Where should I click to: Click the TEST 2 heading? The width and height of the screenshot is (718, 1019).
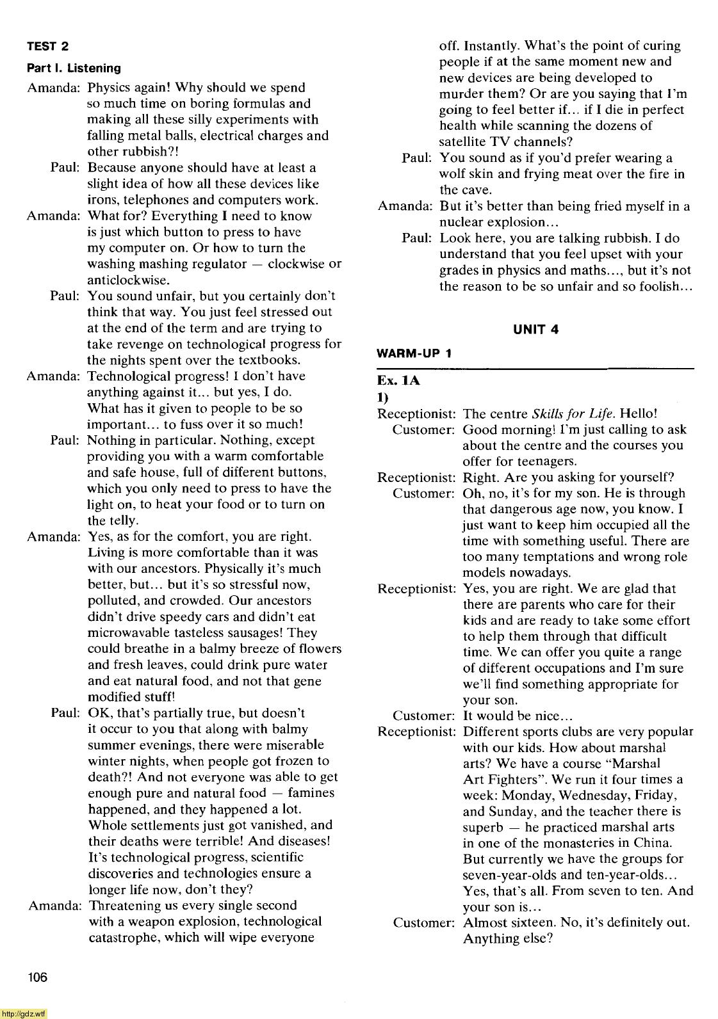[48, 46]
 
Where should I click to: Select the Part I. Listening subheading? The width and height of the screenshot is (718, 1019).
[74, 68]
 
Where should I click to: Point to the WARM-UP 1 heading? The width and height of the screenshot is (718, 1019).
[414, 353]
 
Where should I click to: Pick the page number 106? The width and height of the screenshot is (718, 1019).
[37, 977]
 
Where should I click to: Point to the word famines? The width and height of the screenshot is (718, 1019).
[311, 793]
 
